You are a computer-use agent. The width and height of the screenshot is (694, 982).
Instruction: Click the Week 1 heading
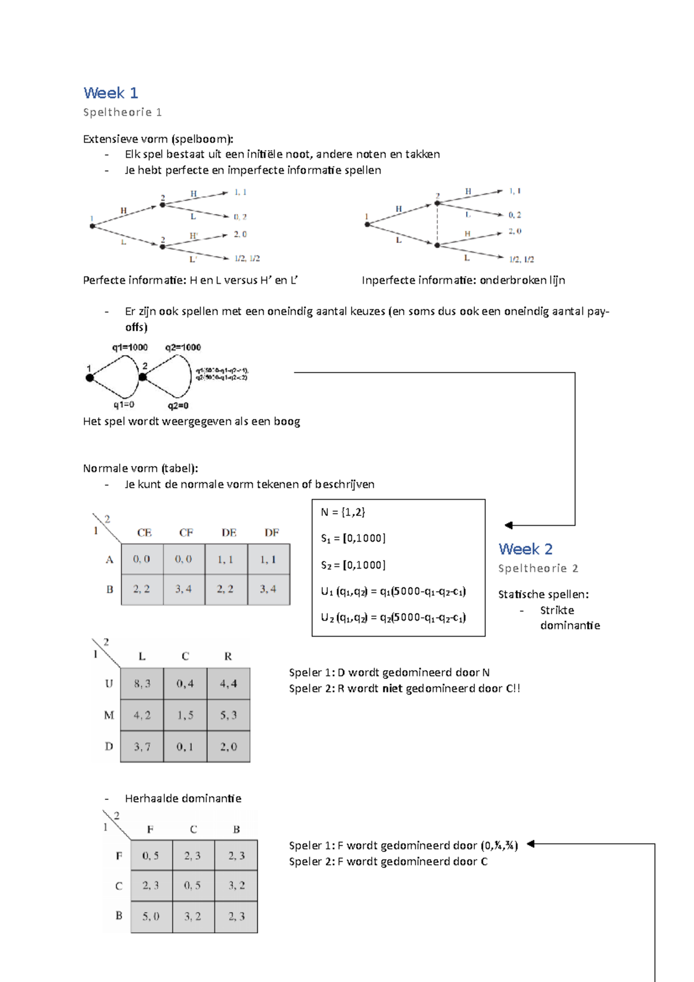coord(110,93)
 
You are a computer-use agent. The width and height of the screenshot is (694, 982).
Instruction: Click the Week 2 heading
coord(525,549)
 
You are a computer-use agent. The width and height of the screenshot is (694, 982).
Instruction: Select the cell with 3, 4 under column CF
coord(184,589)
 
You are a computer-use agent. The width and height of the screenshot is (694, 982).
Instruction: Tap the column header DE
coord(229,533)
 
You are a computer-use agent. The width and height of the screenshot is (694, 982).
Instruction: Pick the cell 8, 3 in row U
coord(142,684)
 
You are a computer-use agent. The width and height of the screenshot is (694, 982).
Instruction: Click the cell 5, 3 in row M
coord(228,715)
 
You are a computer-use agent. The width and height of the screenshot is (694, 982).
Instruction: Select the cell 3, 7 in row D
coord(142,747)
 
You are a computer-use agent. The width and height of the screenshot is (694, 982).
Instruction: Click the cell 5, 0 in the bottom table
coord(151,916)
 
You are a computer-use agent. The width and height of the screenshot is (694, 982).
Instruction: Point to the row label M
coord(109,715)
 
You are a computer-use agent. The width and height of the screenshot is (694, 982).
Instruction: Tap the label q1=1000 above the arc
coord(130,348)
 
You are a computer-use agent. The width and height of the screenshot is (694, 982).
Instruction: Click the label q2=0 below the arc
coord(178,406)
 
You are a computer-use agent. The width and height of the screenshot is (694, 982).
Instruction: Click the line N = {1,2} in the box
coord(343,512)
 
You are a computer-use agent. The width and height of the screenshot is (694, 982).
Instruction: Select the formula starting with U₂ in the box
coord(393,618)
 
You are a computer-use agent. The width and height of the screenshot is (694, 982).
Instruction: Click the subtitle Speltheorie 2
coord(538,568)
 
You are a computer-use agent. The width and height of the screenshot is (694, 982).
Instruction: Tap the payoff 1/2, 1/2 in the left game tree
coord(247,259)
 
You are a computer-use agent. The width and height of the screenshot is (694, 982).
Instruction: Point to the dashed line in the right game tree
coord(438,224)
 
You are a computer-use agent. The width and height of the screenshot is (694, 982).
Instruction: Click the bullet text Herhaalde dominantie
coord(183,798)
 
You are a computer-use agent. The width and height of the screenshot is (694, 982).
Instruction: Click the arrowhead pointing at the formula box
coord(508,525)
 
